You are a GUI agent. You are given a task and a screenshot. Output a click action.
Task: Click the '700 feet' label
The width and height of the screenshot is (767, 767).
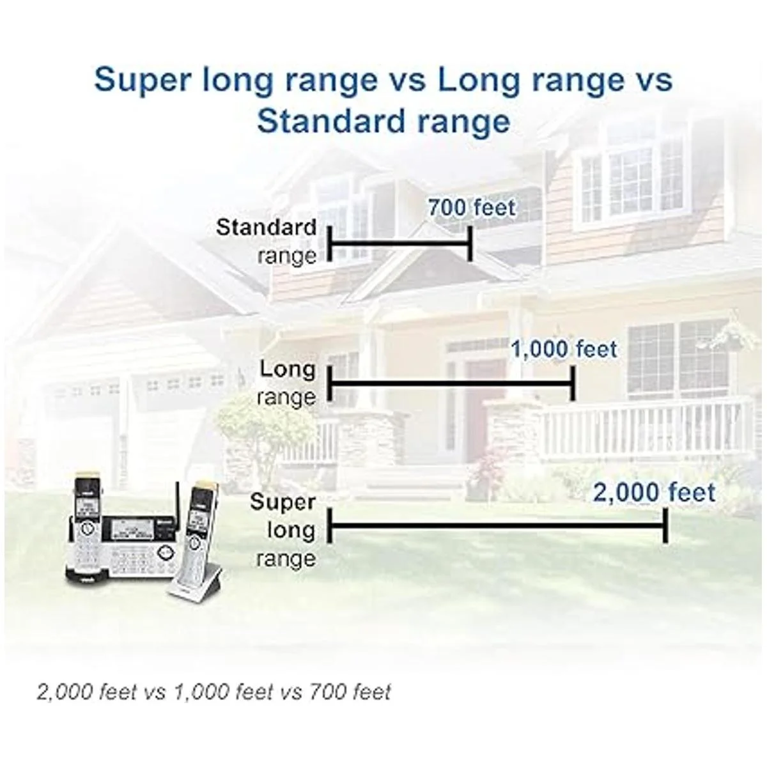[472, 207]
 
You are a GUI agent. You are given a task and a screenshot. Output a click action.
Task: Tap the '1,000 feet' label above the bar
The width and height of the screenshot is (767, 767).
[564, 349]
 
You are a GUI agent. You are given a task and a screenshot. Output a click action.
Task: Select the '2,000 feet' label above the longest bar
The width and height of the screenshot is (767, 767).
[655, 493]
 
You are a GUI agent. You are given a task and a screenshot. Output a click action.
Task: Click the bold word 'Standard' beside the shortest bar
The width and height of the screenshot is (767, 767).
[267, 228]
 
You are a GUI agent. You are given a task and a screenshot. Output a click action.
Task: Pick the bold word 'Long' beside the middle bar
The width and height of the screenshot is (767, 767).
[288, 369]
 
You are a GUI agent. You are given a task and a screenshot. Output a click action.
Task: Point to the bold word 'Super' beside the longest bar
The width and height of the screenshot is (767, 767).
[283, 502]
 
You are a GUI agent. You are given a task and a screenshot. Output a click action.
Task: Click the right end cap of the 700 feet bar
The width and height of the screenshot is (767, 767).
[470, 244]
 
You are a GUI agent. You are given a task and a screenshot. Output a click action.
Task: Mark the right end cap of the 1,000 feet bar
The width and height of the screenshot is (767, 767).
[573, 383]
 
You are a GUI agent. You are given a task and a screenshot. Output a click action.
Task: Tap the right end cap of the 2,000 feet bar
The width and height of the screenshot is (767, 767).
[665, 525]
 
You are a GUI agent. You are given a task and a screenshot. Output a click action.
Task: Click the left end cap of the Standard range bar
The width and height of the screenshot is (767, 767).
[330, 244]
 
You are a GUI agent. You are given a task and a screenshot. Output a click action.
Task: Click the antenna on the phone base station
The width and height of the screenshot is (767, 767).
[178, 500]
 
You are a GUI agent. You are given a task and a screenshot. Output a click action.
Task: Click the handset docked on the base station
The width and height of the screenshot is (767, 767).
[88, 525]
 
